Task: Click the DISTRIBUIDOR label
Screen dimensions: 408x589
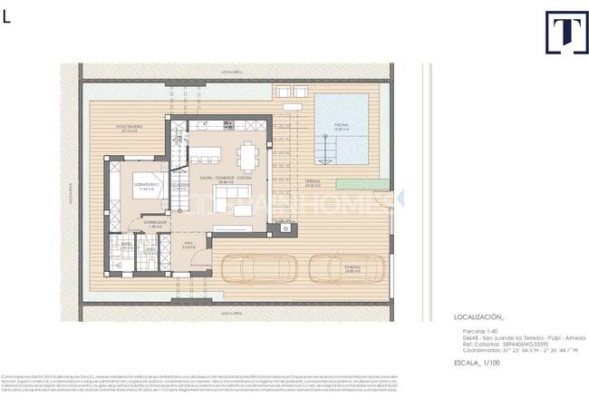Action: point(131,223)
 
